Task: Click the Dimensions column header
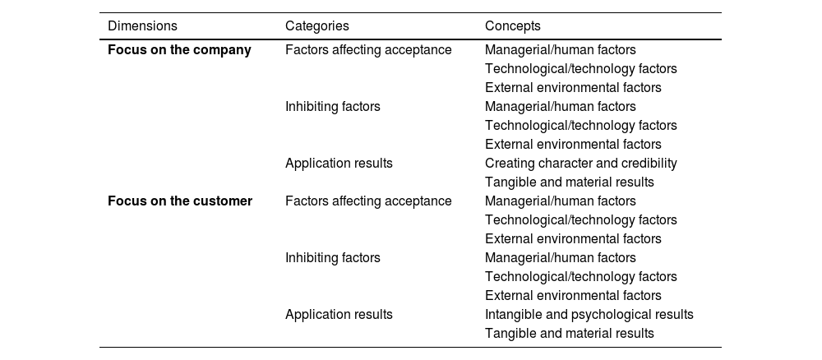(142, 26)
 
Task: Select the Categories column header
(316, 26)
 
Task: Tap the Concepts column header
(512, 26)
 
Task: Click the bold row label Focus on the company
(179, 50)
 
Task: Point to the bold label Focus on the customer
(180, 201)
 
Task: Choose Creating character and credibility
(580, 164)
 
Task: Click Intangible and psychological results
(589, 315)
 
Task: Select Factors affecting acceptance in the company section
(368, 50)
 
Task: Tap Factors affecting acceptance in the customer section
(368, 201)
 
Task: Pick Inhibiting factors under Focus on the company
(332, 107)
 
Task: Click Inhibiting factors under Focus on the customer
(332, 258)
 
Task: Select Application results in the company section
(339, 164)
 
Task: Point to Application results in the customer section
(339, 315)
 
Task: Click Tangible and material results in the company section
(569, 182)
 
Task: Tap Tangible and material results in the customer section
(569, 334)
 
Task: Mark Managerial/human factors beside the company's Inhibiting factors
(560, 107)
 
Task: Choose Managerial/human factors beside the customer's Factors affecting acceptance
(560, 201)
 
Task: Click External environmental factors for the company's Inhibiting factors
(573, 145)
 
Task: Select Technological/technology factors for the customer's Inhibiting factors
(580, 277)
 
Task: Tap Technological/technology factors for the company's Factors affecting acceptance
(580, 69)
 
